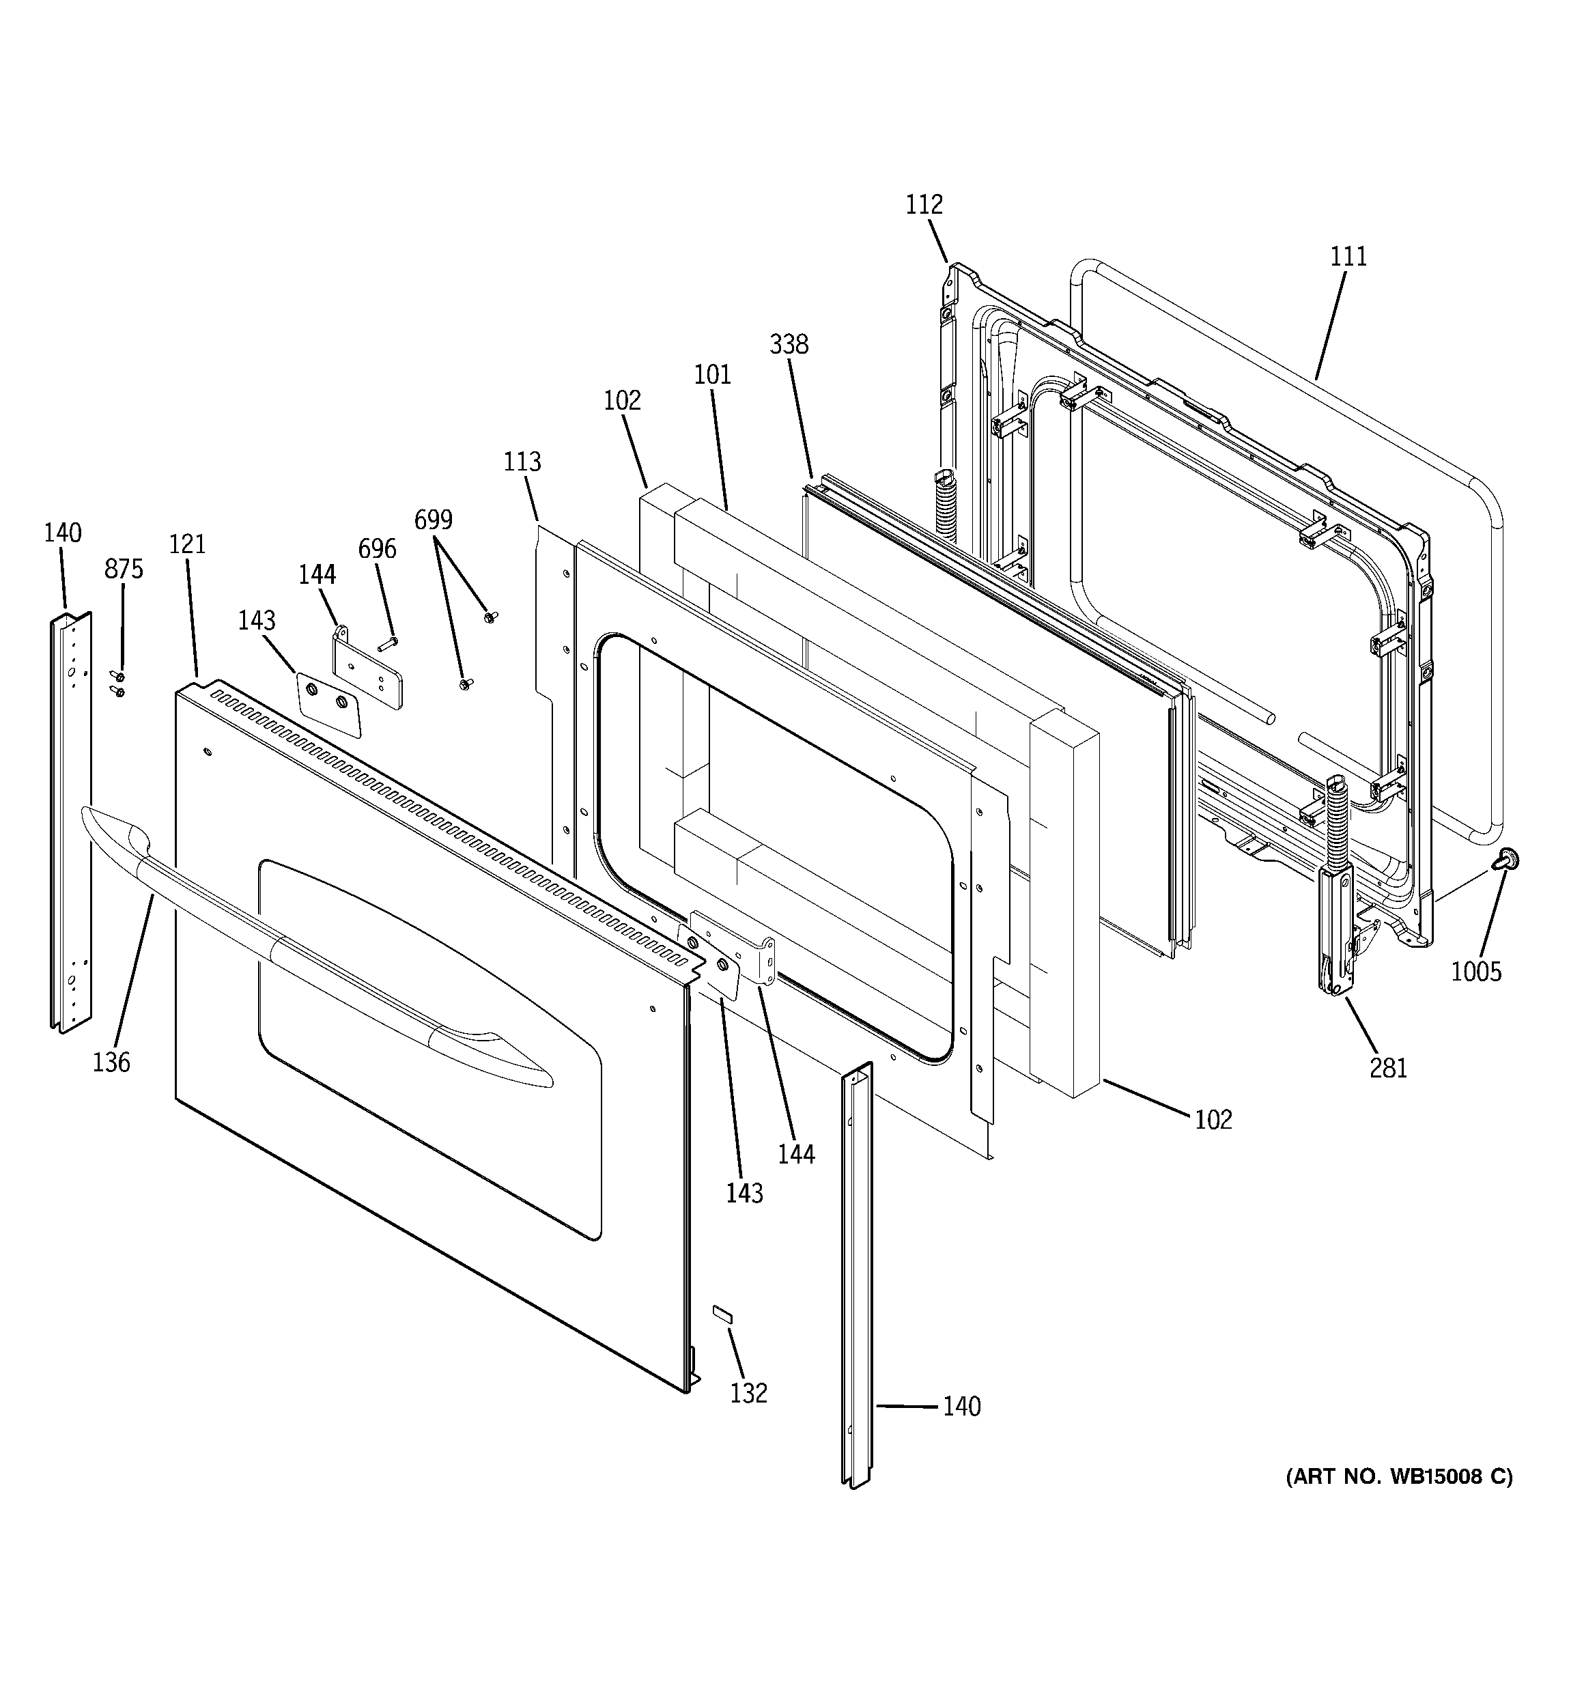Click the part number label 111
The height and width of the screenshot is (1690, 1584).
tap(1348, 256)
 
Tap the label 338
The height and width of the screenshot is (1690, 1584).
tap(789, 344)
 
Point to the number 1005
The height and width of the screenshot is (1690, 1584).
tap(1476, 972)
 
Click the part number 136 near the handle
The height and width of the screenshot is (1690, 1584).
tap(111, 1062)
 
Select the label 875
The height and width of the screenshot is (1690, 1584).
tap(124, 569)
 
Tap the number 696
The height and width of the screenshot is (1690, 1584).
tap(377, 549)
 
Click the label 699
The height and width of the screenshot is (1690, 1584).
tap(434, 520)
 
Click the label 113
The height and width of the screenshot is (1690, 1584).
tap(522, 462)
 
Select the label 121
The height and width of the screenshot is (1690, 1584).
tap(187, 544)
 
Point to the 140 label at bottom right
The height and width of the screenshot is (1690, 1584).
tap(961, 1407)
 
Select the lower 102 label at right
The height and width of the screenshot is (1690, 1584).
tap(1213, 1120)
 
